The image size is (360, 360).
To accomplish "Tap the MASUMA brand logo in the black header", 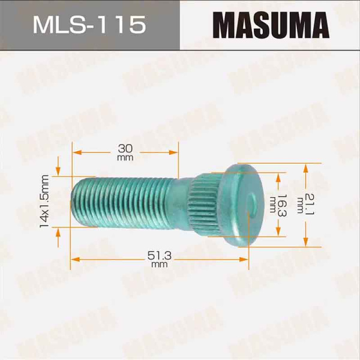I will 272,25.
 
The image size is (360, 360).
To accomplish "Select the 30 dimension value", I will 125,148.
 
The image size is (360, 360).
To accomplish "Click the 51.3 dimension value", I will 159,256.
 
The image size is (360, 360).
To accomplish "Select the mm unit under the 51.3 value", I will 159,265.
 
